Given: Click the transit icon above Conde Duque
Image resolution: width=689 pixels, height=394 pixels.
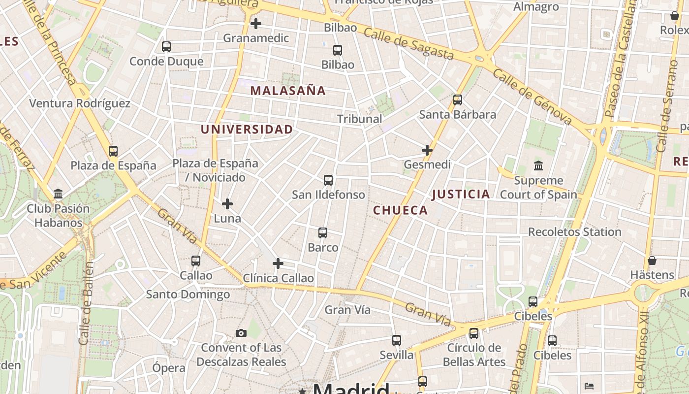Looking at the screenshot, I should click(x=166, y=47).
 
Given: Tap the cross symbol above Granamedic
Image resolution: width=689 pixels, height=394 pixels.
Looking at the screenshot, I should click(x=256, y=23).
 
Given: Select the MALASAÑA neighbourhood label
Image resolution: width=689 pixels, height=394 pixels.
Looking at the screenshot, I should click(x=288, y=91).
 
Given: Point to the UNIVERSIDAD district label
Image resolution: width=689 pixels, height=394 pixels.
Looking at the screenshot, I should click(x=247, y=130).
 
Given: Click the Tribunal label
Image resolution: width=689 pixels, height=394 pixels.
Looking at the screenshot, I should click(x=359, y=119).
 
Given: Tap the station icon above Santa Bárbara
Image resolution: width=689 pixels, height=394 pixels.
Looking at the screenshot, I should click(x=458, y=100).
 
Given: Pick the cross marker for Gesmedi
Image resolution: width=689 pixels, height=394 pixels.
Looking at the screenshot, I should click(x=427, y=150).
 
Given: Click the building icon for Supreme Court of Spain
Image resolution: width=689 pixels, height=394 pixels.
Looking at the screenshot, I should click(x=538, y=166).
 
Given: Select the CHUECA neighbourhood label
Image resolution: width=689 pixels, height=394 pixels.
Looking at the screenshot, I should click(x=400, y=210).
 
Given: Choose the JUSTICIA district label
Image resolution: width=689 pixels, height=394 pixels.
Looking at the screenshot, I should click(x=461, y=194).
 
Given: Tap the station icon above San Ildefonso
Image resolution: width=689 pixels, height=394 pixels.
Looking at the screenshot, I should click(x=328, y=180).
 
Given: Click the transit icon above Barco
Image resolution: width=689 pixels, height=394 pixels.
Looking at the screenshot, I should click(x=323, y=233).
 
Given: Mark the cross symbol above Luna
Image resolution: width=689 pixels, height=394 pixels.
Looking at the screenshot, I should click(x=227, y=203).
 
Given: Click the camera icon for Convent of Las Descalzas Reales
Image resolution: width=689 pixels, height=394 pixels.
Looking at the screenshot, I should click(x=241, y=333).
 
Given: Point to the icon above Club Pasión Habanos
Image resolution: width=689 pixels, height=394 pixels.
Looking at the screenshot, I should click(x=58, y=194).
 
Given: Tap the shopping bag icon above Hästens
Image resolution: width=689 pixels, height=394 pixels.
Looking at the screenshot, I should click(x=652, y=261).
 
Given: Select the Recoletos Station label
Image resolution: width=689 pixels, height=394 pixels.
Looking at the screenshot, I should click(x=574, y=231).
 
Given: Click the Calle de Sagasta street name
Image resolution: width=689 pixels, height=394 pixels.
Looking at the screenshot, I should click(x=408, y=44).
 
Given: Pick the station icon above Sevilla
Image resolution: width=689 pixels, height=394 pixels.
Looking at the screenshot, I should click(x=397, y=340).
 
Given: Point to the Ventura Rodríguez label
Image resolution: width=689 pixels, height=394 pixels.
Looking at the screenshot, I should click(x=80, y=103).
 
